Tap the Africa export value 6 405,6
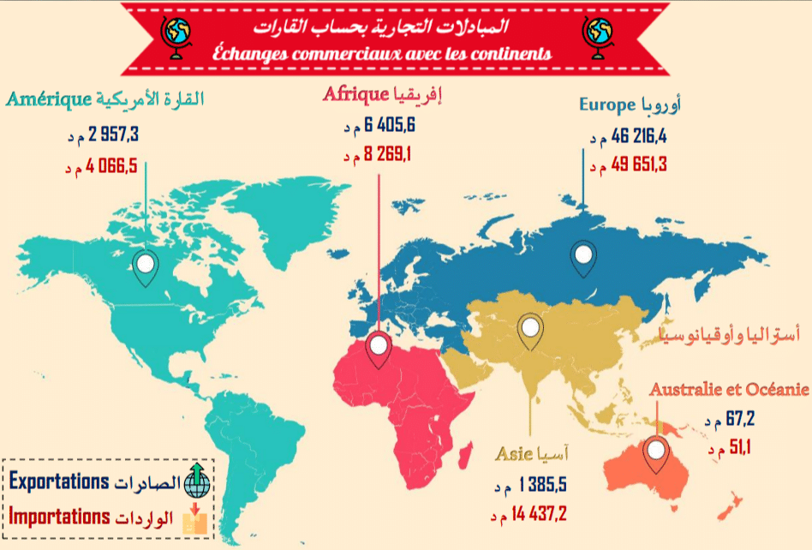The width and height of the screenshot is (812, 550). tap(390, 126)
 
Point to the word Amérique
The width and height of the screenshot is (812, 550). tap(49, 98)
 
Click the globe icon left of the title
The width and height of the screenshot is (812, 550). tap(177, 35)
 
